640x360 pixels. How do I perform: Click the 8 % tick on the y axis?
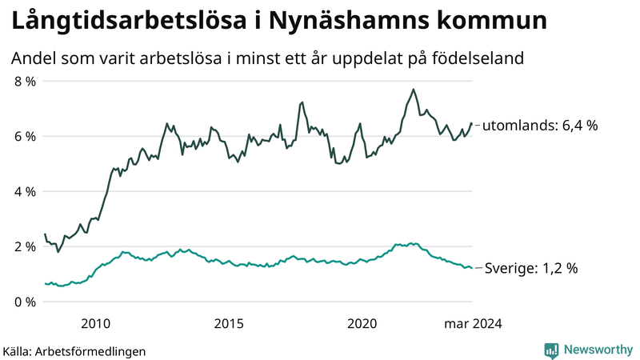click(x=24, y=82)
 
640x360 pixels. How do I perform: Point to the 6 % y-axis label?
click(x=24, y=137)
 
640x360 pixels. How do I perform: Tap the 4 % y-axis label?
click(x=24, y=192)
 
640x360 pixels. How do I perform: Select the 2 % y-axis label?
click(x=24, y=246)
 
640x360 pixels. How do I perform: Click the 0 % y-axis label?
click(x=24, y=302)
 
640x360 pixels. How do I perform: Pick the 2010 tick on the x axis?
click(x=96, y=323)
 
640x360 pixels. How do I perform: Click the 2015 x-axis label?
click(x=229, y=323)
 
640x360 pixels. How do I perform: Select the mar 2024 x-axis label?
click(x=473, y=323)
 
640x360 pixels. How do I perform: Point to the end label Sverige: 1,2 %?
click(x=532, y=269)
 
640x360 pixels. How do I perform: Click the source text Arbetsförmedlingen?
click(x=91, y=351)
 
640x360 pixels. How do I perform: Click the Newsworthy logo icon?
click(x=551, y=350)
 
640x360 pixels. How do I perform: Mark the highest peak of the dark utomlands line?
click(x=413, y=89)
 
